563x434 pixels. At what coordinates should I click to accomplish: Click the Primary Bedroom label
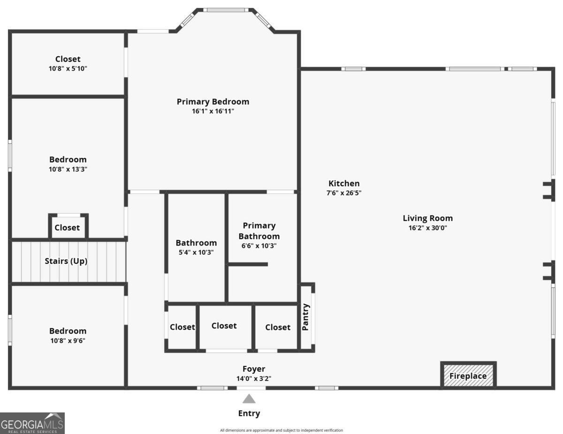[213, 102]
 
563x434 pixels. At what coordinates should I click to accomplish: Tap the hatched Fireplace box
[468, 375]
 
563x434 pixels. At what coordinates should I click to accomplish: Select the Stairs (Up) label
[66, 261]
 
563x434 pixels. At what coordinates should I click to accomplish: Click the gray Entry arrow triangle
[249, 399]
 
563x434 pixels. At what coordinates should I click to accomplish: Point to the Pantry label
[305, 317]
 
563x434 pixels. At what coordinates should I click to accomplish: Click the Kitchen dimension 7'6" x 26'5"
[344, 193]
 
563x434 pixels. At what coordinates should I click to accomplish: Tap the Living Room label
[427, 218]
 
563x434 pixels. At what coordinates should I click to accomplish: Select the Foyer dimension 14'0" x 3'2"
[253, 379]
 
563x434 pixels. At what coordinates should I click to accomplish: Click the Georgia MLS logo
[32, 423]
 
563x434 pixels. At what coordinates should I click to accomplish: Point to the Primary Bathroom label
[259, 231]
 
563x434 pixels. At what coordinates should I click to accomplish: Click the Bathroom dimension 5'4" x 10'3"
[196, 253]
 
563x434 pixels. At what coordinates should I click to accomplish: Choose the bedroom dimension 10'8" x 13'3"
[68, 169]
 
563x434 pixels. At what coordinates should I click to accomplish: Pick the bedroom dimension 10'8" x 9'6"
[68, 341]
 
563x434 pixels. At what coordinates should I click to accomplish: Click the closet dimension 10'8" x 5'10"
[68, 68]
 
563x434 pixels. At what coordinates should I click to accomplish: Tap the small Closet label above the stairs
[67, 227]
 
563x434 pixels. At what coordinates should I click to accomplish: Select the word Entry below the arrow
[249, 413]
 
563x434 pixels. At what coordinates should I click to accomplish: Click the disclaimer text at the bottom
[281, 430]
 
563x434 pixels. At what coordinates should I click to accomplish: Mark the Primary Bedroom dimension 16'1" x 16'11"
[213, 111]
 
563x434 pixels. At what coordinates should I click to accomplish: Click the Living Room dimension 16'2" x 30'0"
[427, 228]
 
